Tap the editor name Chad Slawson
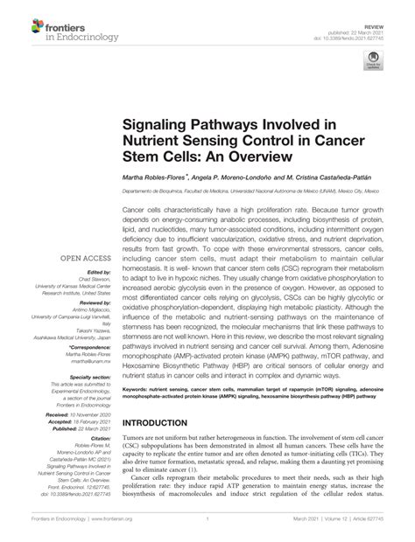tap(89, 281)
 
